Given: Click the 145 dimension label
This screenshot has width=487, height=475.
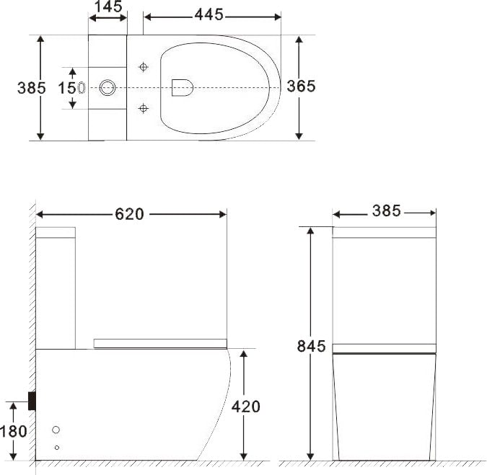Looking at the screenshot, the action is [108, 6].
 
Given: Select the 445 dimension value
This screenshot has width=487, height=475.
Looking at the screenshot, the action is [209, 14].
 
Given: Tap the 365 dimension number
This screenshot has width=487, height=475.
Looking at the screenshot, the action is [301, 86].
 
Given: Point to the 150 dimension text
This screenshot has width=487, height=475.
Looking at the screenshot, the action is [71, 88].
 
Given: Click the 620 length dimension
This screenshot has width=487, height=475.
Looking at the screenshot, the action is [129, 214].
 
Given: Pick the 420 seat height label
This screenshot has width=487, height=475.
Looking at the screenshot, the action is [246, 407].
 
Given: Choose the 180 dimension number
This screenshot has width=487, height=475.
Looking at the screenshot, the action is [14, 432].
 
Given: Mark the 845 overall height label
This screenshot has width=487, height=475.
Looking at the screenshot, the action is [311, 346].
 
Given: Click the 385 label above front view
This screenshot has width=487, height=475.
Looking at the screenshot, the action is [387, 211].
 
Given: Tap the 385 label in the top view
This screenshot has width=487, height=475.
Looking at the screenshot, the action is [31, 88].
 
